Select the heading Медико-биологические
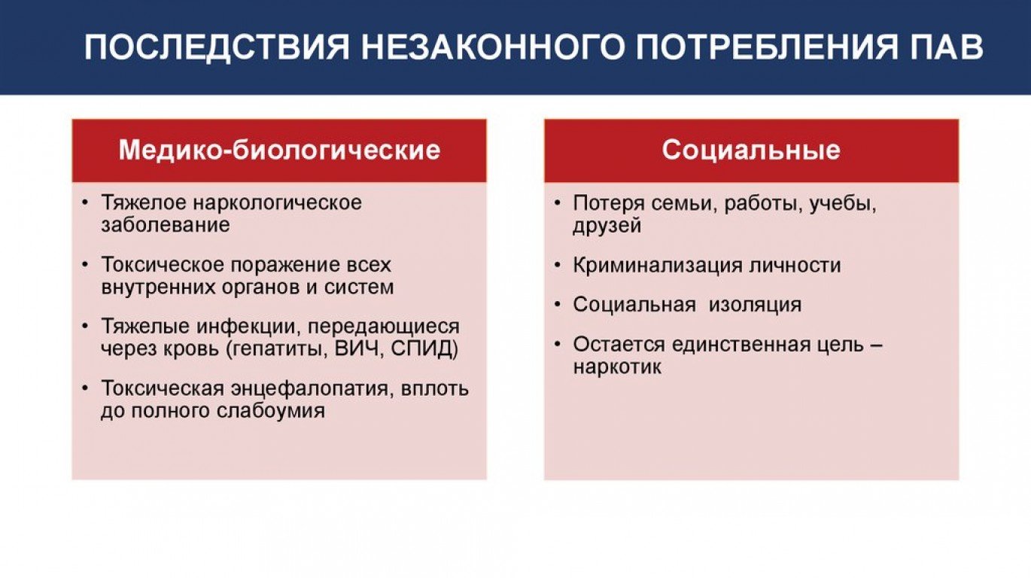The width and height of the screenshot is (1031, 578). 279,150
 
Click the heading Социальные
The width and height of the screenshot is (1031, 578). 751,150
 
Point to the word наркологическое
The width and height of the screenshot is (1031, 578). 277,203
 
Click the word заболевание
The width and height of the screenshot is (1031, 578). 166,225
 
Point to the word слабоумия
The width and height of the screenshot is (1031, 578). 271,411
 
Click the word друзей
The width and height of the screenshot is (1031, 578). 607,226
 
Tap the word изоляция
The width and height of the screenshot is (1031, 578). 755,305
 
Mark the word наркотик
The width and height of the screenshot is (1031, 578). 617,367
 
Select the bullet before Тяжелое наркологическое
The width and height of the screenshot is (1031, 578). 85,202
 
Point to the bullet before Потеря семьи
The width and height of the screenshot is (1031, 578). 558,202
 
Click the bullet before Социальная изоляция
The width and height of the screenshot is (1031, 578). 558,304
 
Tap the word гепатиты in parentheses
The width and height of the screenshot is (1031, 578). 278,349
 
